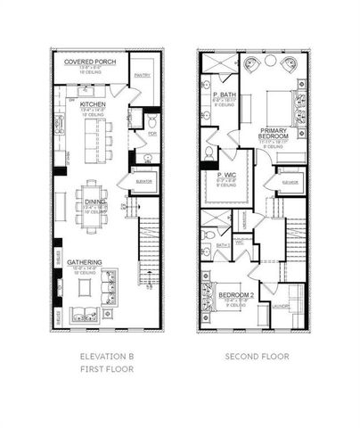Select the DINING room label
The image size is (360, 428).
point(94,202)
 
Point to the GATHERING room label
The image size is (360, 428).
point(86,262)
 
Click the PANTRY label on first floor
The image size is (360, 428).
point(143,76)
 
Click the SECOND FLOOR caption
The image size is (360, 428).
point(256,358)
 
